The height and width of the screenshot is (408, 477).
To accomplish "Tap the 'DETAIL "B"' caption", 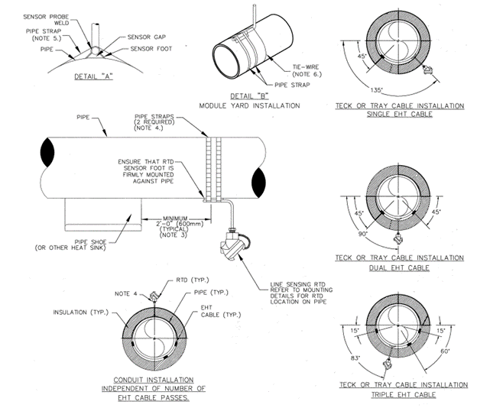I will click(x=248, y=96).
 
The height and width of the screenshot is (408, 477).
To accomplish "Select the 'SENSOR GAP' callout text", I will click(x=148, y=35).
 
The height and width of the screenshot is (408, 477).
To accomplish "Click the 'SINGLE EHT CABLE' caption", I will click(x=401, y=114).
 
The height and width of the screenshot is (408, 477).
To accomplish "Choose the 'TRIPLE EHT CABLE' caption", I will click(x=401, y=394).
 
